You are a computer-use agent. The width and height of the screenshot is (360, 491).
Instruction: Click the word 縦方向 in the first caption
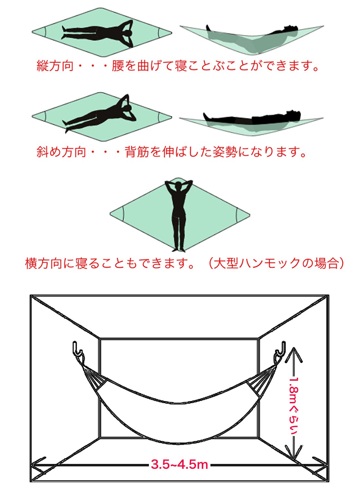click(x=55, y=65)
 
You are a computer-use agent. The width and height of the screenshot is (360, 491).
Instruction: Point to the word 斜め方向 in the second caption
click(x=61, y=152)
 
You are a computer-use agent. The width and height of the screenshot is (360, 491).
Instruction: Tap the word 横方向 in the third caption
click(x=44, y=264)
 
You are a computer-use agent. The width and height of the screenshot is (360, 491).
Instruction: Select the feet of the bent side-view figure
click(x=208, y=28)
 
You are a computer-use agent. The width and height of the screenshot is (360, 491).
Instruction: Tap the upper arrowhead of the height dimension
click(x=293, y=354)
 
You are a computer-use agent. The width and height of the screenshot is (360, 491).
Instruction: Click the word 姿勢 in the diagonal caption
click(x=225, y=152)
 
